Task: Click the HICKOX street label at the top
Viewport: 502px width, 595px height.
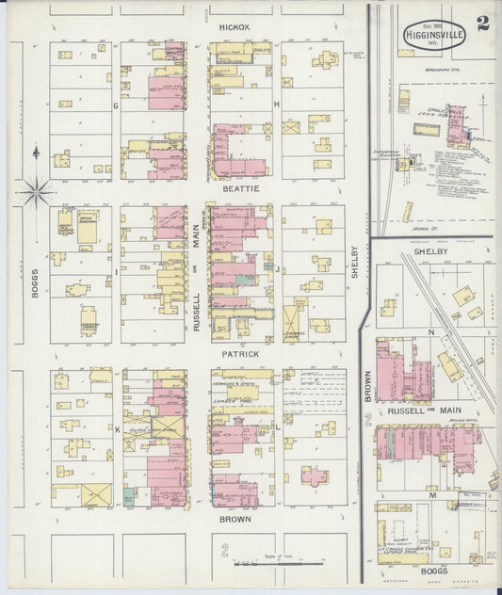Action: [234, 28]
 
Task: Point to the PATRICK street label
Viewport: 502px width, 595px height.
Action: [240, 354]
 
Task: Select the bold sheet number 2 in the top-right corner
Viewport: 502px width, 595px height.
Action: [482, 23]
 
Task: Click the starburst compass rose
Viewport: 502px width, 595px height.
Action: [36, 193]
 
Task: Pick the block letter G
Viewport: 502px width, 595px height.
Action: [116, 105]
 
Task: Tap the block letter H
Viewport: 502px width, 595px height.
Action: [276, 104]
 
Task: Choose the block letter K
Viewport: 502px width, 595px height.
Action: [117, 429]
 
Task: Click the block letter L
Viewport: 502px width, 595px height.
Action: [277, 426]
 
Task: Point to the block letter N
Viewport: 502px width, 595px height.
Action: [431, 333]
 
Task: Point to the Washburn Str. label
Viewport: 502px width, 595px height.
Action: [443, 70]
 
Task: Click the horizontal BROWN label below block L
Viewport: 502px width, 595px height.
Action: [235, 519]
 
